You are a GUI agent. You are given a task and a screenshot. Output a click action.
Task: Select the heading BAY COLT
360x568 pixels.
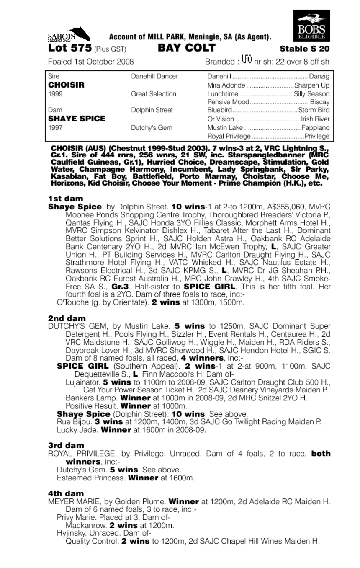186,48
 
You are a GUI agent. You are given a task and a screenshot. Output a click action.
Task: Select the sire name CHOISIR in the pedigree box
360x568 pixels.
67,85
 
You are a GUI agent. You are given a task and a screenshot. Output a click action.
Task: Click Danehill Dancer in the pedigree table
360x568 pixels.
154,77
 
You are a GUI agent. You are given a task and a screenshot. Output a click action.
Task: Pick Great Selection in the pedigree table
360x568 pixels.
154,94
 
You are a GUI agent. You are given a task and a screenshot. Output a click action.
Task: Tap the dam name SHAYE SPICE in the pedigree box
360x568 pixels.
77,119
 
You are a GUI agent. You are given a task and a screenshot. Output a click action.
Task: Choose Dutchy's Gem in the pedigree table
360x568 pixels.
151,128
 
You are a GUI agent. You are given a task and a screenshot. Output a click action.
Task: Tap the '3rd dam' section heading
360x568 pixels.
66,445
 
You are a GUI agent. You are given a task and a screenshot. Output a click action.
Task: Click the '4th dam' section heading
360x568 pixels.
66,493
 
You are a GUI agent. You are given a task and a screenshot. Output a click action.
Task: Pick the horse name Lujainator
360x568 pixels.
82,382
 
